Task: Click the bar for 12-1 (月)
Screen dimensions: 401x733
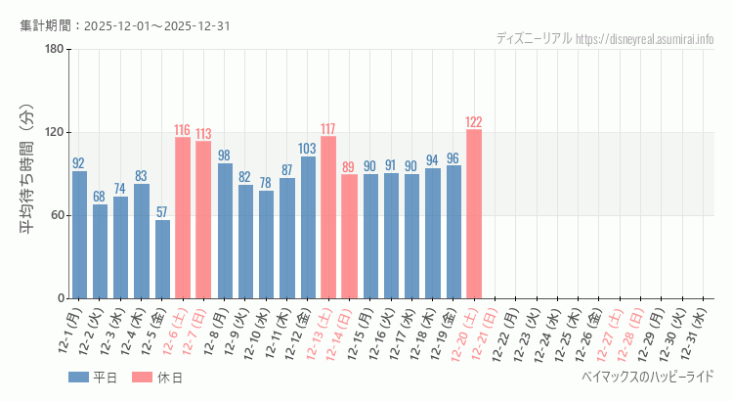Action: pos(79,235)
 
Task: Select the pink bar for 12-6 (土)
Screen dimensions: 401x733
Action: pos(183,217)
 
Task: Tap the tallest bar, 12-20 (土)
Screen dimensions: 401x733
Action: pos(474,213)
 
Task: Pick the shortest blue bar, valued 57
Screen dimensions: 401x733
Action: pos(162,259)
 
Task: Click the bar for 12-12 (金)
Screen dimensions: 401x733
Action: pos(308,227)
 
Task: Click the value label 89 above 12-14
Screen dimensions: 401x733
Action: pos(349,167)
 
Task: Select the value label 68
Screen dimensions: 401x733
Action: pos(100,197)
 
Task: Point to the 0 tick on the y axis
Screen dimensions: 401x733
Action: pos(61,298)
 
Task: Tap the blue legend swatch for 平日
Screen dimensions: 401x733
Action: pos(78,377)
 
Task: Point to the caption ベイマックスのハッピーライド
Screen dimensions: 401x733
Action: pos(647,377)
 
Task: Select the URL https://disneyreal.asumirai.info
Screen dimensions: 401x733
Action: pos(645,39)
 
